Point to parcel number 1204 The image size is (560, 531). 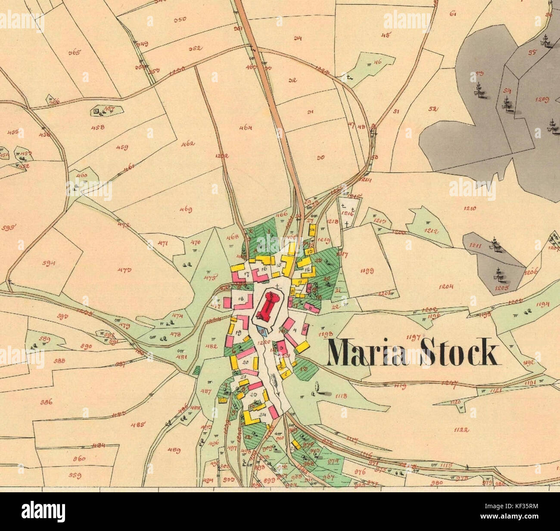point(446,286)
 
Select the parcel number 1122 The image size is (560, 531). point(460,429)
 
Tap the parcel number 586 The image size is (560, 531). point(46,403)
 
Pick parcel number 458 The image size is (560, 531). point(99,127)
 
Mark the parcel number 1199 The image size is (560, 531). point(367,271)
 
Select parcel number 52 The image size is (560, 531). point(432,108)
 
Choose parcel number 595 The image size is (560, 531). point(8,228)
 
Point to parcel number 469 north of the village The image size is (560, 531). point(186,210)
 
